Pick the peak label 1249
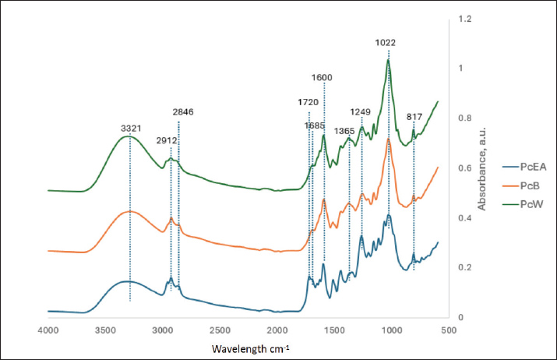pos(362,111)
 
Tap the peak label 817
pos(414,117)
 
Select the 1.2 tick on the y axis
pos(464,18)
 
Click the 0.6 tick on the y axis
pos(464,168)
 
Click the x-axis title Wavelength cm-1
pos(250,347)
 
